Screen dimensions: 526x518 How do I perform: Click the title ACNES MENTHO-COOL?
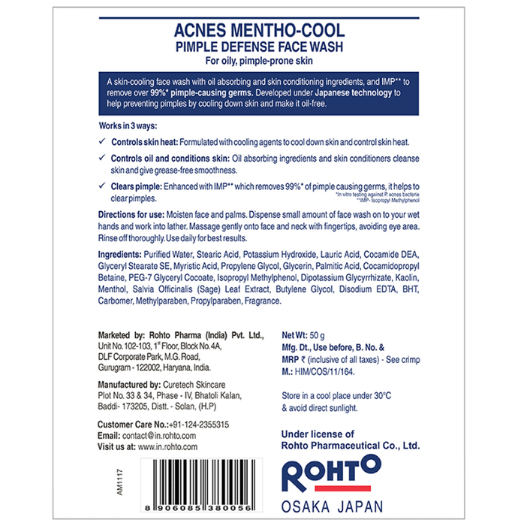tap(259, 32)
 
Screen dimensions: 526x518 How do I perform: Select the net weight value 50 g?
tap(324, 335)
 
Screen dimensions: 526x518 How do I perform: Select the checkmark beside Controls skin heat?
tap(103, 141)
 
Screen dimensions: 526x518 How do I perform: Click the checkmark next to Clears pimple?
tap(103, 187)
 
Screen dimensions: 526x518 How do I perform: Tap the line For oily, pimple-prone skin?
tap(259, 60)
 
